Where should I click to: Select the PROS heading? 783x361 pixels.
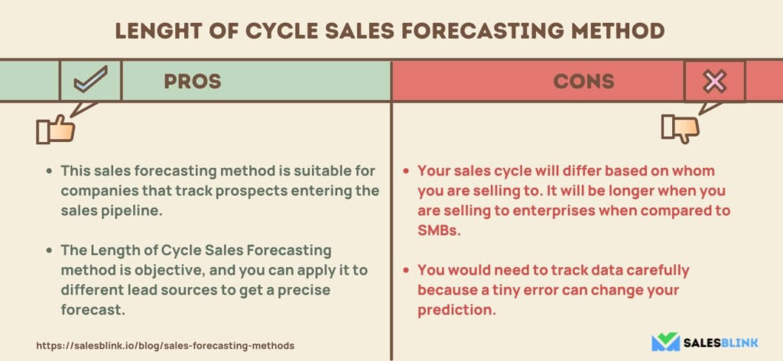192,81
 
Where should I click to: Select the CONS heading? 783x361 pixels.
583,81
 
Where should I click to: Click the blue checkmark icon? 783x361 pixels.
90,80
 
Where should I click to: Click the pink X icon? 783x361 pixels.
715,81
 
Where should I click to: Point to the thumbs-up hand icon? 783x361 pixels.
55,130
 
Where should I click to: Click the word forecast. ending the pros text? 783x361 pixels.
93,310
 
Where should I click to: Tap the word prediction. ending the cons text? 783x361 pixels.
456,310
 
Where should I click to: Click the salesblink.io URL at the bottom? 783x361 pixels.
165,345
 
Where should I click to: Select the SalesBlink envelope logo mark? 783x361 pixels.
665,342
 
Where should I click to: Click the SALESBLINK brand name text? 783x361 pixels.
720,343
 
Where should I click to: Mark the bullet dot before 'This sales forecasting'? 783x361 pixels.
49,171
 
